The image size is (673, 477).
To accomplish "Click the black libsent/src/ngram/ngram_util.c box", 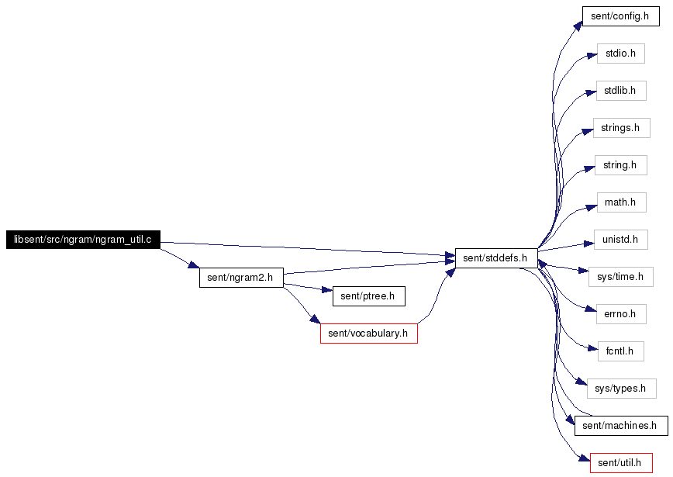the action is click(83, 240).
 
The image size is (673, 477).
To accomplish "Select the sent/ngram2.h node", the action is click(241, 278).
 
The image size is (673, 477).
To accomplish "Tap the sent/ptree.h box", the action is click(369, 296).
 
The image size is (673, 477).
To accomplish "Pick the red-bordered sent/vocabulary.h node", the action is click(369, 334).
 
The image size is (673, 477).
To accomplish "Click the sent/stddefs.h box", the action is click(496, 258).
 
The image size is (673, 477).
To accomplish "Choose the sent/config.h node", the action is click(620, 16).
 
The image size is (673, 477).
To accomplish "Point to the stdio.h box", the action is click(620, 54).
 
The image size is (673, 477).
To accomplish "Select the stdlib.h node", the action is click(621, 91).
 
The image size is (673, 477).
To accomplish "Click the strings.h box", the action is click(622, 128).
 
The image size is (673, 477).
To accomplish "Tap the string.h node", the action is click(620, 165).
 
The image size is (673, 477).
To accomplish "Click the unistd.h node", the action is click(620, 240).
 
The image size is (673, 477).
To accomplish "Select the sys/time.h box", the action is click(621, 277).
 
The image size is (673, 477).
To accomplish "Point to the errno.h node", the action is click(621, 314).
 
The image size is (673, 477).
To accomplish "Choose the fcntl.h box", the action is click(620, 351).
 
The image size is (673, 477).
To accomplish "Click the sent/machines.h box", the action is click(621, 426).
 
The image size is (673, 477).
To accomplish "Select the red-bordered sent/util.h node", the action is click(621, 463).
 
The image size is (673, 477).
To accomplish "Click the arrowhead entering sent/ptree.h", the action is click(327, 290).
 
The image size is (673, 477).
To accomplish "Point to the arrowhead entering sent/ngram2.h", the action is click(194, 264).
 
